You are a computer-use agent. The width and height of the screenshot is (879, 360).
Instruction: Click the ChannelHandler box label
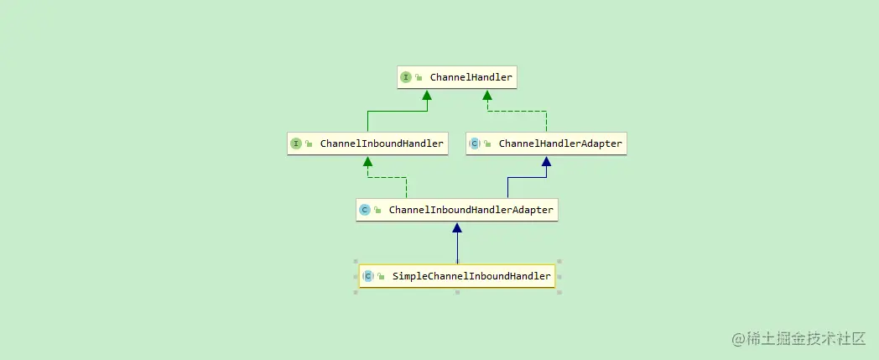click(471, 78)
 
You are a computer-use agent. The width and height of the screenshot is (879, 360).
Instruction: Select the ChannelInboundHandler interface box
click(367, 143)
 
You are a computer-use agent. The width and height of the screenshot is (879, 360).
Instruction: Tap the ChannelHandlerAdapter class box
click(546, 143)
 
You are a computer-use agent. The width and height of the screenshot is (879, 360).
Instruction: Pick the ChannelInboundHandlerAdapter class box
click(457, 210)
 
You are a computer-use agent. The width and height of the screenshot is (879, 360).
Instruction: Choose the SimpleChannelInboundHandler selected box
click(457, 276)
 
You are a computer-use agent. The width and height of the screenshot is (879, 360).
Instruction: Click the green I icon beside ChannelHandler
click(406, 78)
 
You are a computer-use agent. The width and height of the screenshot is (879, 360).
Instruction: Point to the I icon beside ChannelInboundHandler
click(295, 143)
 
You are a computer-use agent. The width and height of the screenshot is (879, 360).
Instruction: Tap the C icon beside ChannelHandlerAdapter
click(474, 143)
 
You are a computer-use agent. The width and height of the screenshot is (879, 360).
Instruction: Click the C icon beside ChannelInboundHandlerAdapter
click(364, 210)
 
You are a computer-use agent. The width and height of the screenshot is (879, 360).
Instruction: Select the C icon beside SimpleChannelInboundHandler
click(367, 276)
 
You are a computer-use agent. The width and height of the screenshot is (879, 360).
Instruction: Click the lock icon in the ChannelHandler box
click(419, 78)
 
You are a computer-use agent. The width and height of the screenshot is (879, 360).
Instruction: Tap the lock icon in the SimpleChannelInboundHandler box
click(381, 276)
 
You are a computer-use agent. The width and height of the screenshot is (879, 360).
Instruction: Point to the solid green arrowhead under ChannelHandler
click(427, 95)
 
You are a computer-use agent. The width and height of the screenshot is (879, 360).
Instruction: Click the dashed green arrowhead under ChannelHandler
click(486, 95)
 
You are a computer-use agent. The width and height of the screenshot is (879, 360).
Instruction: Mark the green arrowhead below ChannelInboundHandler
click(367, 161)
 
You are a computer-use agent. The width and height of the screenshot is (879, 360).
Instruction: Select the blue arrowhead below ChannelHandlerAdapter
click(546, 161)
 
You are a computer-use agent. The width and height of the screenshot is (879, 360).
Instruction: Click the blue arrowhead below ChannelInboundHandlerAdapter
click(457, 227)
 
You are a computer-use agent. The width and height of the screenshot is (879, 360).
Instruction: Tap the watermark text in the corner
click(798, 338)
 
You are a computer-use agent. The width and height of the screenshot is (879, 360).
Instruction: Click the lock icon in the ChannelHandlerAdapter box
click(487, 143)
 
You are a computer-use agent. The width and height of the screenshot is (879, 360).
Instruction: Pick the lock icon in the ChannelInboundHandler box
click(309, 143)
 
